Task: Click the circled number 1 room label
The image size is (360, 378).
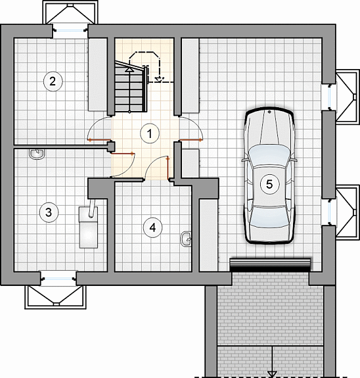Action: click(x=150, y=133)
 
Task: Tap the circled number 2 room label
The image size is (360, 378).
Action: click(x=53, y=82)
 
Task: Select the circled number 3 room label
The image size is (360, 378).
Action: click(x=49, y=212)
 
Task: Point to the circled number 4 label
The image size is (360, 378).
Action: click(x=153, y=228)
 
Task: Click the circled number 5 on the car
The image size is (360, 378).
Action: click(x=269, y=184)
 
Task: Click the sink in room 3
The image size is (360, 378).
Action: click(x=37, y=154)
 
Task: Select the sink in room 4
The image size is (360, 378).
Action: click(x=186, y=239)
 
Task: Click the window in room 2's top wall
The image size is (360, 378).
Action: click(x=70, y=31)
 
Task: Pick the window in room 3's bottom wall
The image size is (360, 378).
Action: click(x=58, y=279)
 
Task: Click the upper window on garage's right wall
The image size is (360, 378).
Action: click(x=329, y=97)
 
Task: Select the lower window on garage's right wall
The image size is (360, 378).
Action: click(x=329, y=212)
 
